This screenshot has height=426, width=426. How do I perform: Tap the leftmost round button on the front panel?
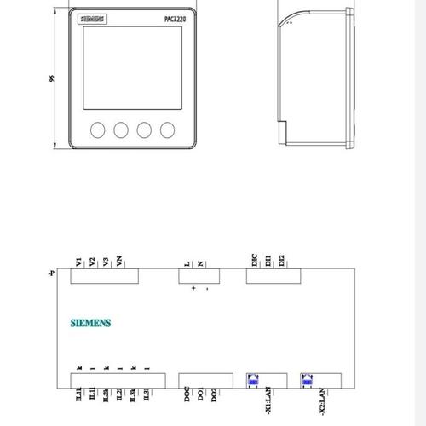click(x=97, y=130)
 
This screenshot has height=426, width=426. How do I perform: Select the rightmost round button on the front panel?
click(x=167, y=130)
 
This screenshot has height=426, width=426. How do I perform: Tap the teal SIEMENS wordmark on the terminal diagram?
click(x=91, y=323)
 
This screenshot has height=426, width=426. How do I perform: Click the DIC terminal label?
click(x=254, y=260)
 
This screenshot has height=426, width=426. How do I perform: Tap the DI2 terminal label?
click(x=280, y=260)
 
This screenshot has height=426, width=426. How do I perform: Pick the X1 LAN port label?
click(x=267, y=399)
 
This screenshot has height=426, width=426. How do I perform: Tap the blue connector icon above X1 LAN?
click(x=253, y=380)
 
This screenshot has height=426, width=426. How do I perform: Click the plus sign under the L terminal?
click(x=193, y=289)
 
